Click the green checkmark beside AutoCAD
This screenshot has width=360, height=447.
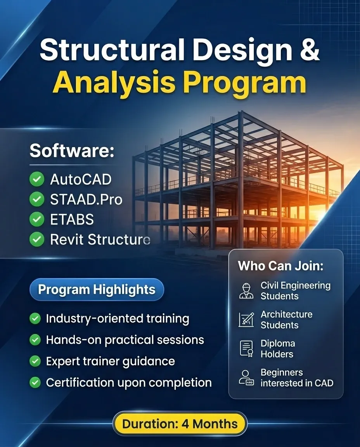[37, 179]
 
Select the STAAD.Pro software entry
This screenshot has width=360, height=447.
[86, 199]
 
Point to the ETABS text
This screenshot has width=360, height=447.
[72, 220]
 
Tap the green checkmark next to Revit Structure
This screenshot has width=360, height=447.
[37, 240]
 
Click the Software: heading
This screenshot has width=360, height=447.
[72, 151]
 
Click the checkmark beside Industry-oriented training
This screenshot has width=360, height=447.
[35, 319]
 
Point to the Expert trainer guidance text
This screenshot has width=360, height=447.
[110, 361]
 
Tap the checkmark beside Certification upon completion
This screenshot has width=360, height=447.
[35, 383]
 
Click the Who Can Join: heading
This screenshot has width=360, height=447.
[280, 266]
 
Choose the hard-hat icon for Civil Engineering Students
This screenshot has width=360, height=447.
[246, 291]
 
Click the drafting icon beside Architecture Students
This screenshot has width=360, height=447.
[246, 319]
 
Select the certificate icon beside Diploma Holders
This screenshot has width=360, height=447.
[246, 348]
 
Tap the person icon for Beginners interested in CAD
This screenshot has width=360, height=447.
[246, 378]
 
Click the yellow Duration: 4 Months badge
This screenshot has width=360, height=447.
[180, 424]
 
